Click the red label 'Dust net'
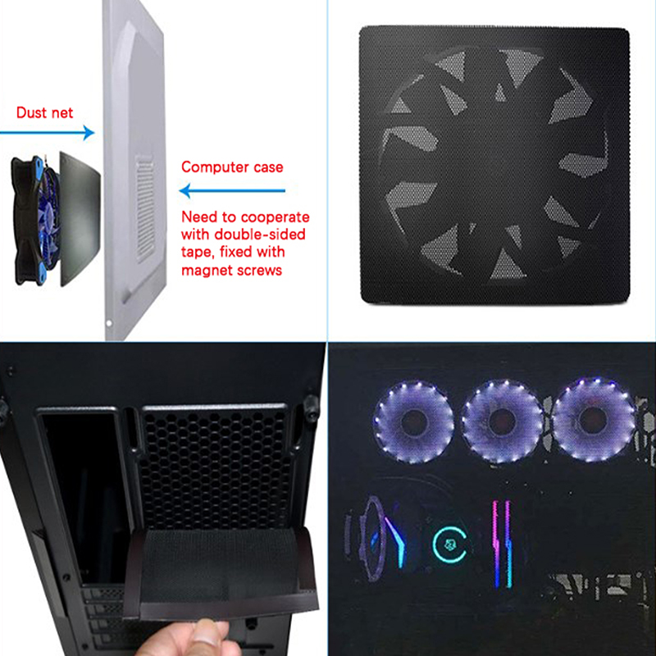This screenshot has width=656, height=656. pyautogui.click(x=44, y=112)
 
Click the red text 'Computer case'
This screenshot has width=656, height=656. pyautogui.click(x=232, y=167)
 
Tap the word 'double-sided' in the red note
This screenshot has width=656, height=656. pyautogui.click(x=259, y=234)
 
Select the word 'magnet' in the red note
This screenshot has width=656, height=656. pyautogui.click(x=204, y=271)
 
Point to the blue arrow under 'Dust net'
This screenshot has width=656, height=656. pyautogui.click(x=48, y=133)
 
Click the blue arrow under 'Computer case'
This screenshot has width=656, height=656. pyautogui.click(x=232, y=191)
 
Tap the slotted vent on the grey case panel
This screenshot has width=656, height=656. pyautogui.click(x=145, y=208)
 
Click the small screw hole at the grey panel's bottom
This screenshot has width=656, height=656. pyautogui.click(x=109, y=323)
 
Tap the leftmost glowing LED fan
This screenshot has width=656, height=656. pyautogui.click(x=413, y=421)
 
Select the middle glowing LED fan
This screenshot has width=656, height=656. pyautogui.click(x=502, y=421)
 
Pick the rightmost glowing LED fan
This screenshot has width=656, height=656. pyautogui.click(x=593, y=419)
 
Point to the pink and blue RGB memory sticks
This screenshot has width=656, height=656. pyautogui.click(x=502, y=544)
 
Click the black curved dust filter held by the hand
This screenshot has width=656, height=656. pyautogui.click(x=220, y=573)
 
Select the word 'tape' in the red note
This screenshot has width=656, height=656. pyautogui.click(x=198, y=253)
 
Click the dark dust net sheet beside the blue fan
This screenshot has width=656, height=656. pyautogui.click(x=80, y=219)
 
